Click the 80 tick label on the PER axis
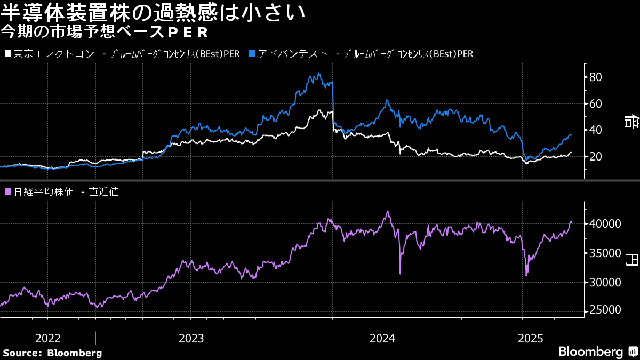595,77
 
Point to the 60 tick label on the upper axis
595,103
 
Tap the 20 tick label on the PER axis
595,157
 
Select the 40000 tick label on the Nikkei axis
605,223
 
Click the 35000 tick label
605,253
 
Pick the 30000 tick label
605,283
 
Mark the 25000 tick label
605,310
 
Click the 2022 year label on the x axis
47,339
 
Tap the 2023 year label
191,339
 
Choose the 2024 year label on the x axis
382,339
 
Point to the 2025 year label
530,339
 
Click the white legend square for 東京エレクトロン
8,53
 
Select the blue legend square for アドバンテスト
252,53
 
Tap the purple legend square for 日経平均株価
8,191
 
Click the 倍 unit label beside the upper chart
631,122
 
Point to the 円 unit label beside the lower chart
631,259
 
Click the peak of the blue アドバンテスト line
319,73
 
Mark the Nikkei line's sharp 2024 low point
400,274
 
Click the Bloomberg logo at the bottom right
598,351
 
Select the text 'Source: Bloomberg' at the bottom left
52,353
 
